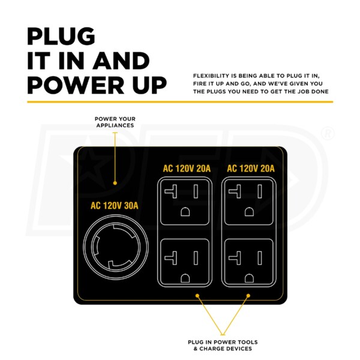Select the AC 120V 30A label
(x=115, y=206)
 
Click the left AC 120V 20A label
(x=187, y=169)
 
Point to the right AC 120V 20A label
(x=250, y=169)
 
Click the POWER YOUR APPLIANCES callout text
(x=114, y=122)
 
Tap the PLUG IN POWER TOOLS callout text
(x=223, y=346)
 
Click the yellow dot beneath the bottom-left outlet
(x=199, y=296)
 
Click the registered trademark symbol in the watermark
(x=328, y=134)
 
